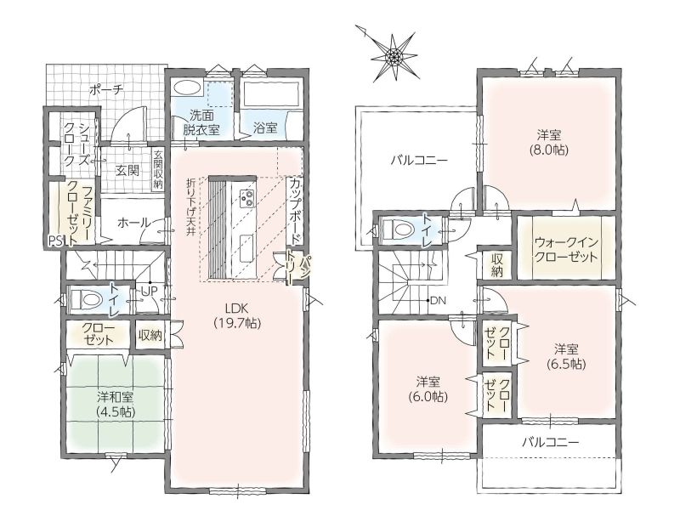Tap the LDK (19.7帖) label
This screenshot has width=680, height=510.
[x=237, y=314]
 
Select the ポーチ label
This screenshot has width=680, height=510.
[x=107, y=90]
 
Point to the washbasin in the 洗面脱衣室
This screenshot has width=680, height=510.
[x=187, y=88]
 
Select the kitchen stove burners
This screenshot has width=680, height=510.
[x=247, y=198]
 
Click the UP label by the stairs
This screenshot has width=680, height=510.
[x=148, y=290]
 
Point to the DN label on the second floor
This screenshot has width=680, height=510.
[x=438, y=300]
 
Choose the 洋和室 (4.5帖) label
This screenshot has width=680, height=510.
[x=115, y=405]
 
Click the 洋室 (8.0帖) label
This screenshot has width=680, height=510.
[x=548, y=142]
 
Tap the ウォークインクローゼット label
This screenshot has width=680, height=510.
[x=565, y=249]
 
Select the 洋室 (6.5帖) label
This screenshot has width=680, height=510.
[x=566, y=356]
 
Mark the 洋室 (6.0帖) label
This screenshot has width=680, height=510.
[x=428, y=389]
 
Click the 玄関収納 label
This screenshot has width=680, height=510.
[x=157, y=169]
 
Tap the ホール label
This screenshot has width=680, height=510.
[x=134, y=223]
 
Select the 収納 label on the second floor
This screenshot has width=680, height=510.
[x=496, y=265]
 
